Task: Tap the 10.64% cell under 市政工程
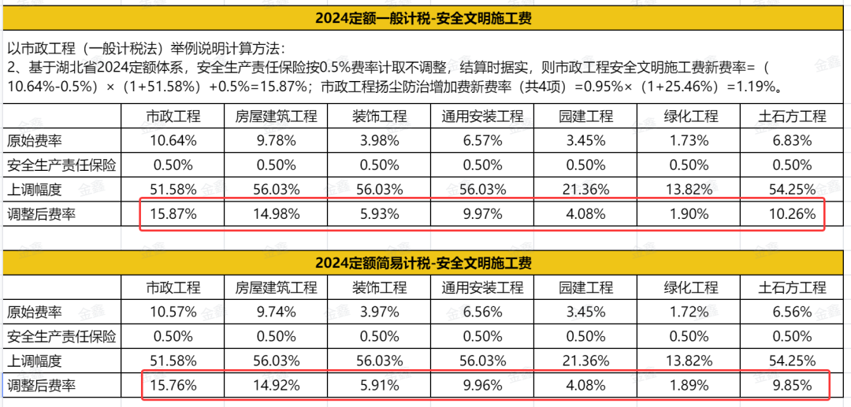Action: (173, 141)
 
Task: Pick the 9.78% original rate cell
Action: (276, 141)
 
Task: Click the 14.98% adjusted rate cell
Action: (276, 213)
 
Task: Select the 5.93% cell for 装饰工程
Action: (379, 213)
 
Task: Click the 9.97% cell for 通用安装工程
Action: (482, 213)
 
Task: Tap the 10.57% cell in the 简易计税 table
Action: (173, 312)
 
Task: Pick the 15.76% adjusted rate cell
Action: (173, 386)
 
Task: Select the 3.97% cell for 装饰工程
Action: (379, 312)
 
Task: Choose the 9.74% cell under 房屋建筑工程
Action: (276, 312)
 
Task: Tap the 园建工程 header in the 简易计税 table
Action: (585, 287)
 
